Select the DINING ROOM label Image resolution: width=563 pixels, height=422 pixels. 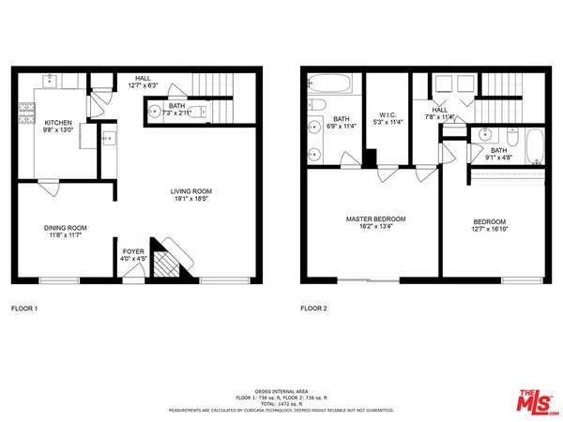(x=66, y=228)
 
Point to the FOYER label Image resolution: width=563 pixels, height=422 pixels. (x=134, y=252)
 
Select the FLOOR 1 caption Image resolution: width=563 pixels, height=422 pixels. (x=25, y=308)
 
